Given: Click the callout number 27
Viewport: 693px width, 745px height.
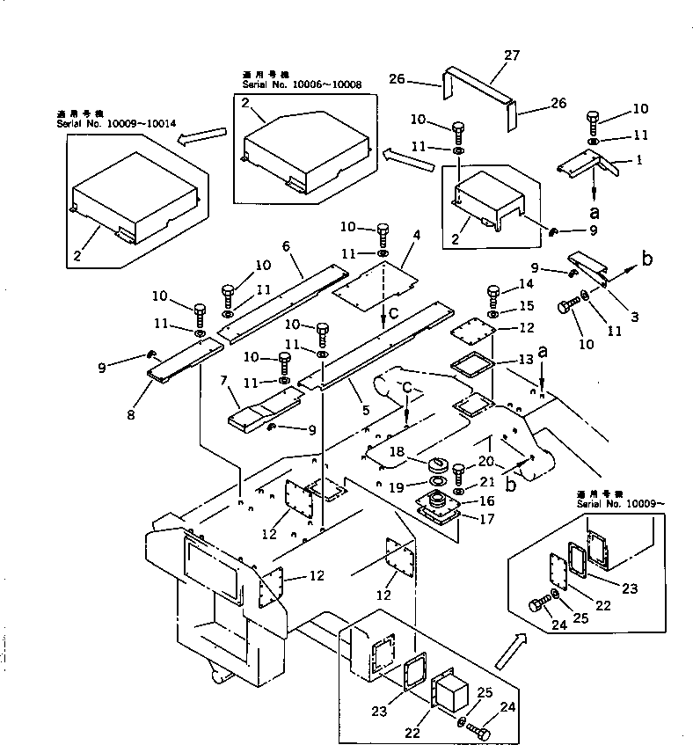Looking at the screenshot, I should coord(513,55).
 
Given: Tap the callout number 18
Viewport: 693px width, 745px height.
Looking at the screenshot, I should coord(398,451).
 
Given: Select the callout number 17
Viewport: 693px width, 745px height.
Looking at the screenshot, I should coord(485,519).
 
